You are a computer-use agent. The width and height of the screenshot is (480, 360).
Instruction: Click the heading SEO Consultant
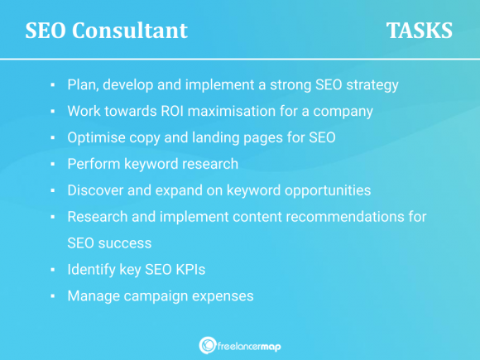(106, 31)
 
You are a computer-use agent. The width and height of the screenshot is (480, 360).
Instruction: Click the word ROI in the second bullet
(186, 111)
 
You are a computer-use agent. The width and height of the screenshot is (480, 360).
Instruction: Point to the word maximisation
(251, 111)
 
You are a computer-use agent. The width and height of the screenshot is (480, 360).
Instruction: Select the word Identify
(92, 270)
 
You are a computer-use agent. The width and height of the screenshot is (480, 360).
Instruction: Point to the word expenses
(225, 296)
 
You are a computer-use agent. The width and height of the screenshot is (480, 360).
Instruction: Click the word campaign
(156, 296)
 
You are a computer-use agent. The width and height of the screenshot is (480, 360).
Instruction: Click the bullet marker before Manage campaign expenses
(51, 296)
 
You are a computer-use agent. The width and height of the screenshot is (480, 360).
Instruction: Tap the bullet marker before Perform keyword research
(51, 164)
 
